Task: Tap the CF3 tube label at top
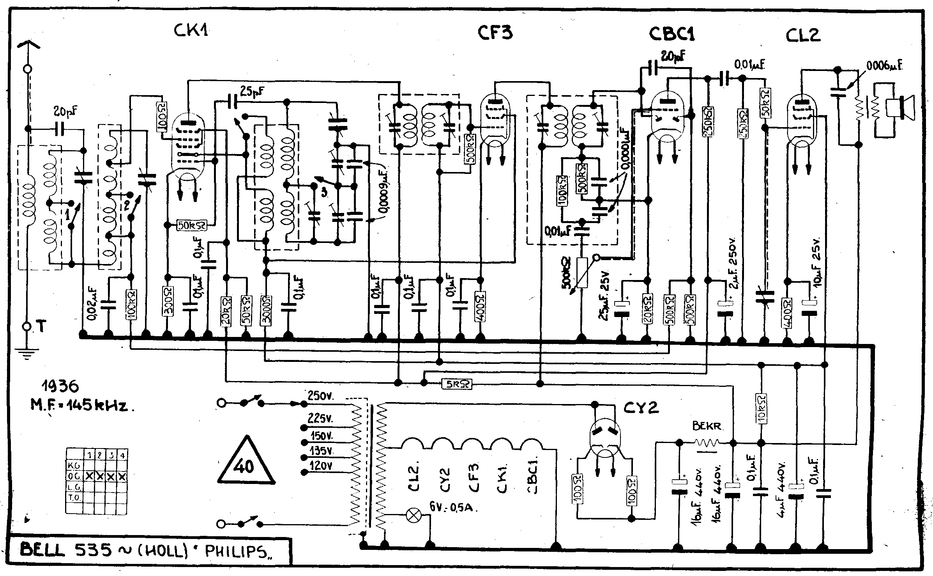495,33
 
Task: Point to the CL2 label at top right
803,35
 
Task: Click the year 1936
60,386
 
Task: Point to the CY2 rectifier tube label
641,408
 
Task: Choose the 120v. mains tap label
321,466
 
